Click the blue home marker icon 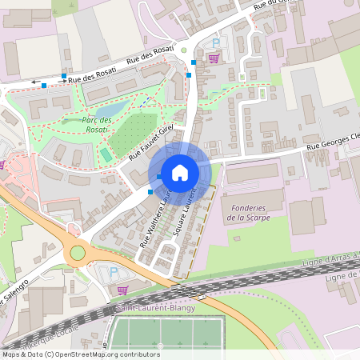[180, 172]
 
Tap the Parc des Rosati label [97, 125]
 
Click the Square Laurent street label [186, 211]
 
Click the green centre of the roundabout [78, 253]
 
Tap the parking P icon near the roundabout [112, 273]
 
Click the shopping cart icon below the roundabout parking [122, 290]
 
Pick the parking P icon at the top [214, 43]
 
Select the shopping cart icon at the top [214, 58]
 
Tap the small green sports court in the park [106, 154]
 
